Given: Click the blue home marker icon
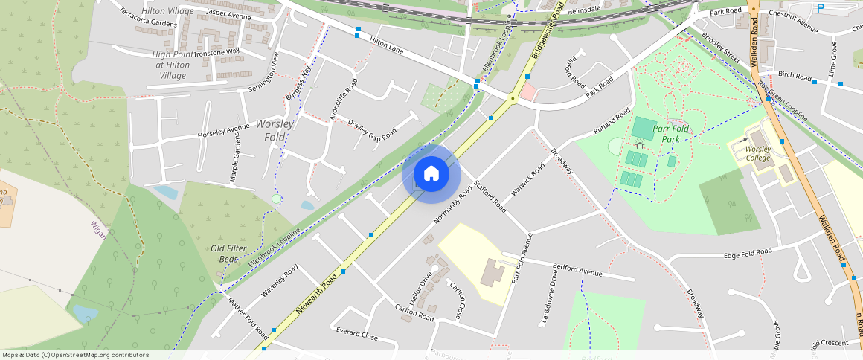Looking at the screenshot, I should [x=431, y=174].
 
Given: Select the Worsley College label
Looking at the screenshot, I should [x=757, y=152].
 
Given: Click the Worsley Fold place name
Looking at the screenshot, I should [x=275, y=131].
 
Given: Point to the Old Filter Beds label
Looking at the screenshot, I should [x=228, y=253].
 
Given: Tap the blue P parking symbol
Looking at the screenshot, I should [x=821, y=8].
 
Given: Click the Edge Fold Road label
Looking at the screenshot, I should [x=748, y=254].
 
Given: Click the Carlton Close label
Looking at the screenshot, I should [x=457, y=298].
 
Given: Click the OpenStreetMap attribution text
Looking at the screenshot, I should [x=74, y=355].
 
